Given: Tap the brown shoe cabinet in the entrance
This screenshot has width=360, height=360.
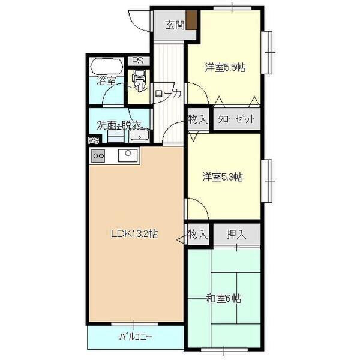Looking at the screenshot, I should click(x=191, y=21).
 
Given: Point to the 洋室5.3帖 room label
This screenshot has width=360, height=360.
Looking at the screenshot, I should click(x=222, y=177).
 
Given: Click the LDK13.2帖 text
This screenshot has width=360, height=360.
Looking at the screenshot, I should click(x=133, y=235).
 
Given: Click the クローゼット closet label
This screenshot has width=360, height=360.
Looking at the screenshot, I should click(x=236, y=119).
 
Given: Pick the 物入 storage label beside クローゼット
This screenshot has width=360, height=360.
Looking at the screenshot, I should click(x=197, y=119).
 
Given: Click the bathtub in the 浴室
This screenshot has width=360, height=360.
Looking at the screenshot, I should click(x=107, y=66).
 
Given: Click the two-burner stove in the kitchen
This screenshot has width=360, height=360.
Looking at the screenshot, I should click(x=98, y=156).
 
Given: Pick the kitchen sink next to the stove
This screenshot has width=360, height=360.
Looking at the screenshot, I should click(x=128, y=155).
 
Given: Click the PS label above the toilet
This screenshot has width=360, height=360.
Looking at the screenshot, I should click(x=139, y=61).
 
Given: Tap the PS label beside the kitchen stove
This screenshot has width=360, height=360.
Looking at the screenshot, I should click(x=93, y=142).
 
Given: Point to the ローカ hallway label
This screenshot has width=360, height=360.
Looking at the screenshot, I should click(x=168, y=94).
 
